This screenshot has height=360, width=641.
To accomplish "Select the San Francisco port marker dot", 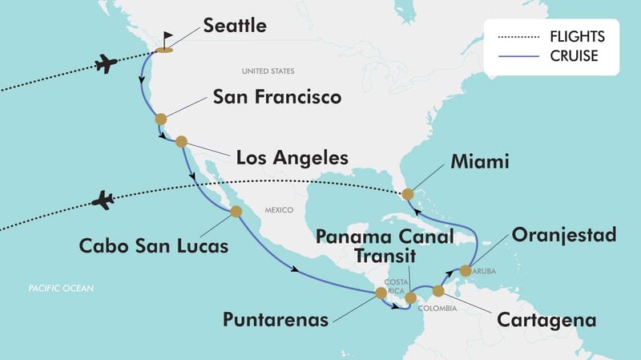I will coord(161,119).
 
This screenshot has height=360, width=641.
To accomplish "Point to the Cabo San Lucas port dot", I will coord(236,212).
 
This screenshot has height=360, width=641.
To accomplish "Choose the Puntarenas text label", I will coord(275,320).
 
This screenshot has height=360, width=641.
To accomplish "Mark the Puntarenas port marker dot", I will coord(381,293).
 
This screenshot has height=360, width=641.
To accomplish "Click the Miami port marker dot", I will coord(408,194).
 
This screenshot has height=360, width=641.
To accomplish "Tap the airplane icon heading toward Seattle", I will coord(107,63).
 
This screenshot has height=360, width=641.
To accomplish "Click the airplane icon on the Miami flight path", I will coord(103,200).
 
